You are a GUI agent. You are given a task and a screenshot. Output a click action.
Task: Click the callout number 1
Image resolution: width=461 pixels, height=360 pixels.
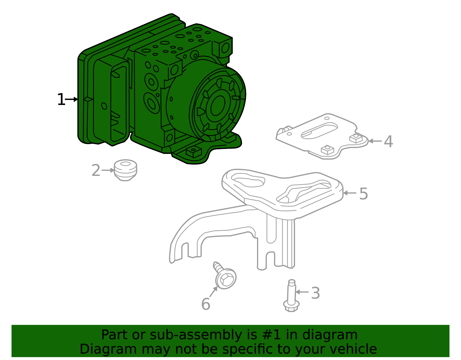click(x=61, y=100)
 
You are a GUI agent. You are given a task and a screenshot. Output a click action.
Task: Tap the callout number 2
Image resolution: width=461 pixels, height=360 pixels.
click(x=96, y=171)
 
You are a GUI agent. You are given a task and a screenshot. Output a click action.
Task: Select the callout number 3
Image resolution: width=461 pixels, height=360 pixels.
click(x=315, y=293)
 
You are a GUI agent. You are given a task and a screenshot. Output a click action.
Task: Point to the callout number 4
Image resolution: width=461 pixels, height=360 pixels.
click(x=388, y=142)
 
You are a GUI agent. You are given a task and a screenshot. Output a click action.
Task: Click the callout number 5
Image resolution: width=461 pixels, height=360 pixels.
click(x=363, y=194)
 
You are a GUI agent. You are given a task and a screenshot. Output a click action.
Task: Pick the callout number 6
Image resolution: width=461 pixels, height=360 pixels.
click(x=205, y=304)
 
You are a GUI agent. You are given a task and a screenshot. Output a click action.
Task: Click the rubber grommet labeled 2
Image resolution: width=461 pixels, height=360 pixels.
click(x=125, y=170)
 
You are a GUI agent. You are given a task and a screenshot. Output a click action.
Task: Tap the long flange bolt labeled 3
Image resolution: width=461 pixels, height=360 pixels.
click(x=291, y=297)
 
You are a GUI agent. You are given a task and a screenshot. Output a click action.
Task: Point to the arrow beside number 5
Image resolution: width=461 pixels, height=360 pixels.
click(x=349, y=193)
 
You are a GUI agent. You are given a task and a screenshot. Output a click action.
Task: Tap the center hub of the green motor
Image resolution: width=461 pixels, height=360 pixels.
click(x=218, y=105)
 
